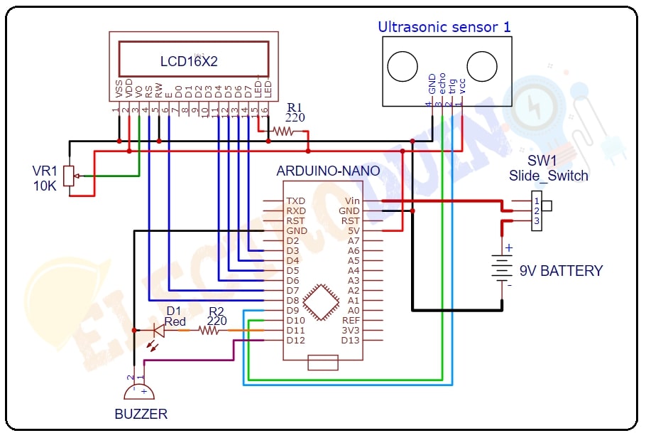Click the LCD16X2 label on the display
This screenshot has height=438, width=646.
tap(189, 62)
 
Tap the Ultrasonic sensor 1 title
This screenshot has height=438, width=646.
tap(444, 27)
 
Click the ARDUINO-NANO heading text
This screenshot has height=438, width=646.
tap(327, 171)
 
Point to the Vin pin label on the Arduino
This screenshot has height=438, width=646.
tap(352, 201)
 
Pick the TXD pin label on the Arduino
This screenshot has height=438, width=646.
tap(295, 201)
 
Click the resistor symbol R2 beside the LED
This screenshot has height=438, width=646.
tap(209, 330)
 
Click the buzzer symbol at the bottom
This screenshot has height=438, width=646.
tap(138, 391)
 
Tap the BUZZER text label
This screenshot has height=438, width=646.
tap(141, 414)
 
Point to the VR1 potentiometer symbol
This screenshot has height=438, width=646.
tap(69, 176)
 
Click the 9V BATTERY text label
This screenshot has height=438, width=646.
tap(561, 271)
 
